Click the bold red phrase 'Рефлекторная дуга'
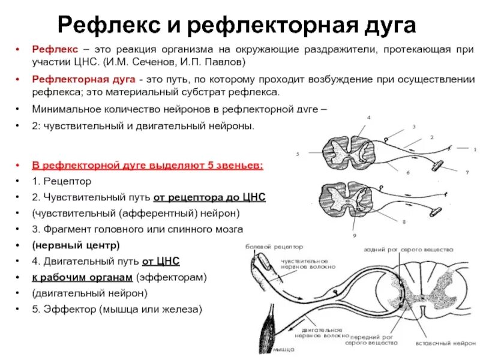click(x=83, y=79)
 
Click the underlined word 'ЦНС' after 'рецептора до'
click(x=252, y=197)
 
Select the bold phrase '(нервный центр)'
click(x=76, y=245)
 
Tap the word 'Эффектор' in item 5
click(x=67, y=310)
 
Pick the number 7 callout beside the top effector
click(x=466, y=173)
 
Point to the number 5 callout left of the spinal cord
click(x=297, y=154)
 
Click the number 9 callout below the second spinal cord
click(x=355, y=235)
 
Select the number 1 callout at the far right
click(x=474, y=149)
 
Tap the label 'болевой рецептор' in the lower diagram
click(x=274, y=247)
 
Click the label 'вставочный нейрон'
click(x=442, y=344)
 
